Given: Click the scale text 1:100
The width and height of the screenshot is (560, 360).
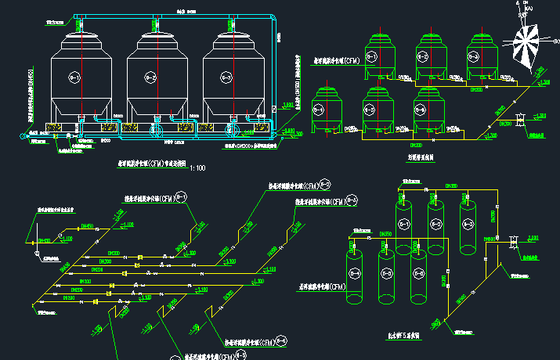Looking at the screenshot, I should pyautogui.click(x=199, y=168).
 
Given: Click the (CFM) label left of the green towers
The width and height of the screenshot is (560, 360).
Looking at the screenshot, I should pyautogui.click(x=336, y=60).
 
